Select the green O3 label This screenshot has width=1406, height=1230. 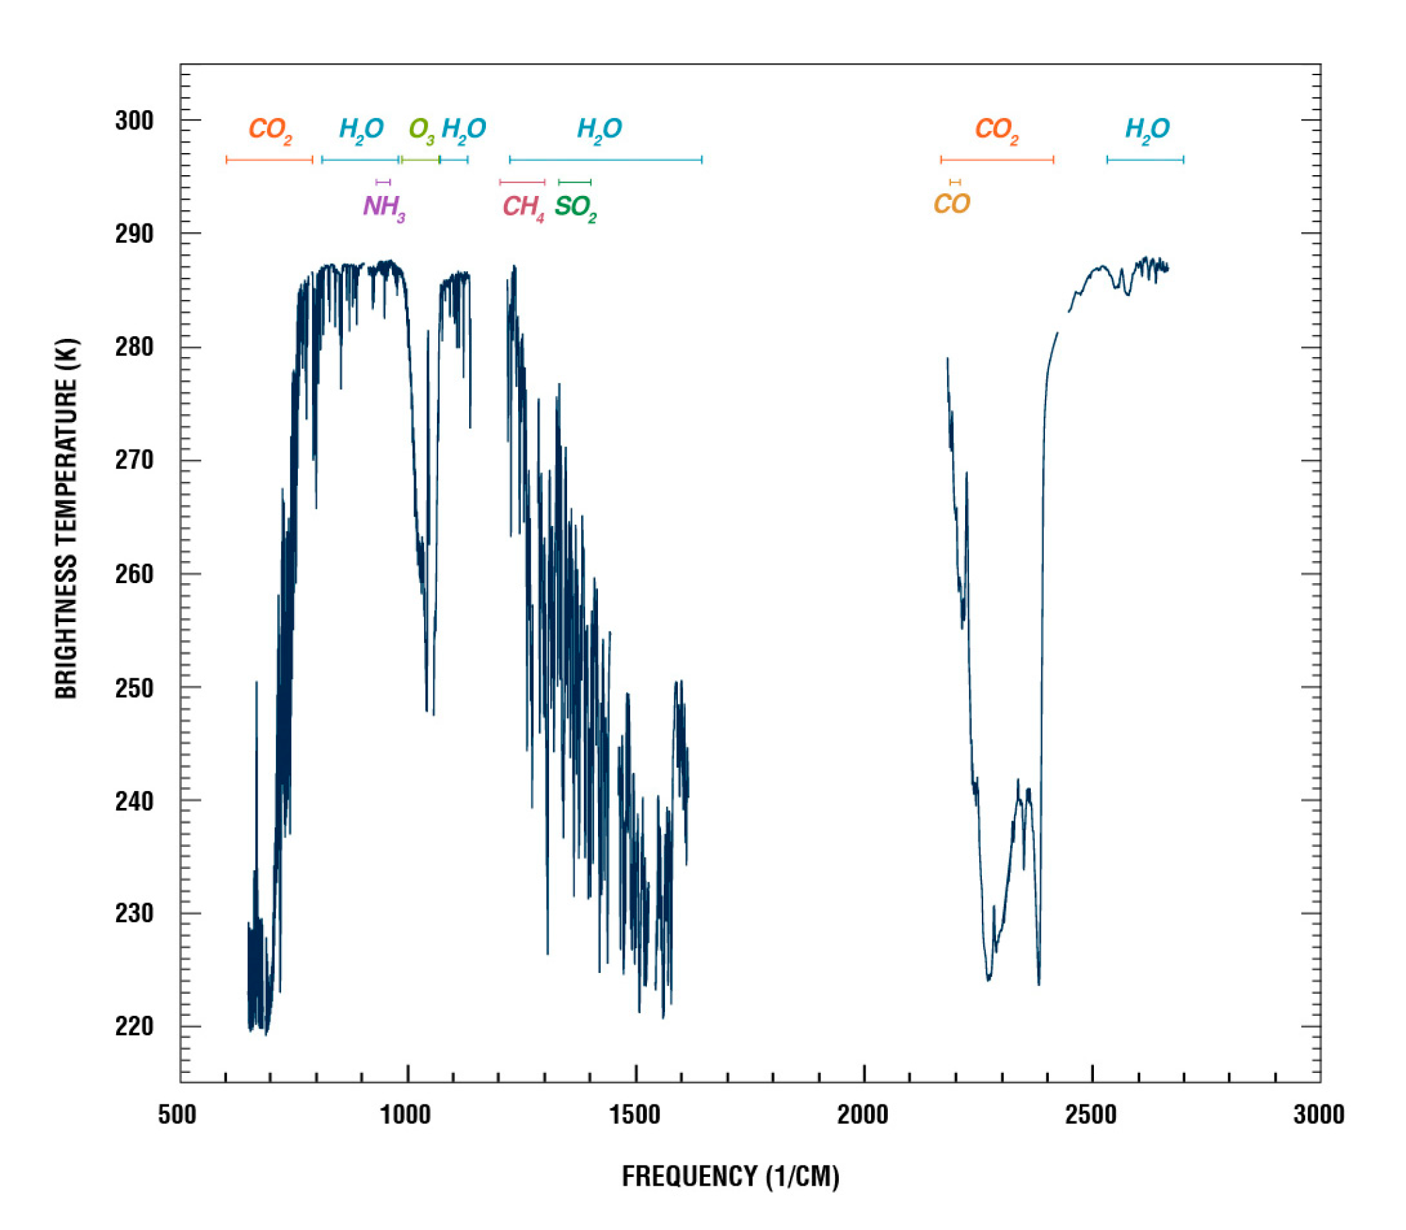coord(421,129)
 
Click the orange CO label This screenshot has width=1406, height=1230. coord(952,204)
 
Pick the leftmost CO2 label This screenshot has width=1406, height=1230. coord(270,129)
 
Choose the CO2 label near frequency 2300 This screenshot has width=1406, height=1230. coord(997,129)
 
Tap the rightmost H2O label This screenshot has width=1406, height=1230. coord(1147,129)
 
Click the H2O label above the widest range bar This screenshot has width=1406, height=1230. coord(599,129)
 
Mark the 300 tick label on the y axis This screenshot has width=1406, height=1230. coord(134,121)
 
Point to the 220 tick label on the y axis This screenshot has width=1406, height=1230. coord(134,1027)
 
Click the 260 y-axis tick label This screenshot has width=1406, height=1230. coord(134,574)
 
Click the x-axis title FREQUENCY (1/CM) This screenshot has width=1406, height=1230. coord(730,1176)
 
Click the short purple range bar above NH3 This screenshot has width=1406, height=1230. coord(383,182)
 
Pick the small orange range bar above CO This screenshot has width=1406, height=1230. coord(955,182)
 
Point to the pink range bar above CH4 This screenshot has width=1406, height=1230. coord(521,182)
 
